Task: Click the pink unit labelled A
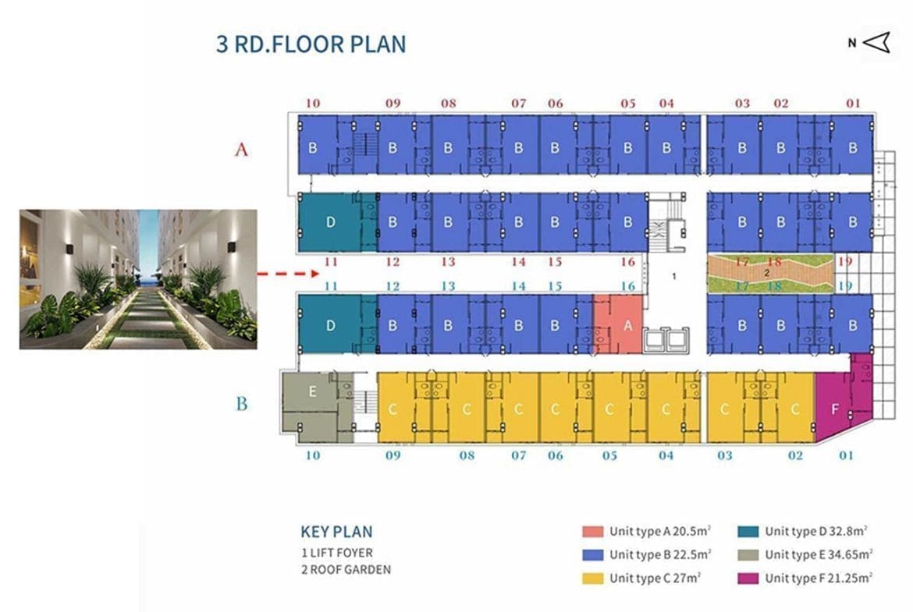(618, 324)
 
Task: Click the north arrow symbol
(876, 42)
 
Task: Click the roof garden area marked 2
(770, 273)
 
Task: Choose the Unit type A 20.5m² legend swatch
(593, 531)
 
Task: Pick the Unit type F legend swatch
(748, 578)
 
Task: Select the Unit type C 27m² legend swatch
(593, 578)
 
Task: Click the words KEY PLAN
(336, 532)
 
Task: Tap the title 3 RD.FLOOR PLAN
(311, 44)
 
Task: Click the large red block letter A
(241, 150)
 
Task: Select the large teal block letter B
(242, 403)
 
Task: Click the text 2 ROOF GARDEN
(346, 570)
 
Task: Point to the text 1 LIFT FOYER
(336, 553)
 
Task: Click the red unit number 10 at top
(313, 103)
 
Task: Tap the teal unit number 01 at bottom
(846, 455)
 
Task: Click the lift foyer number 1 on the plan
(673, 276)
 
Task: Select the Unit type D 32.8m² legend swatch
(748, 531)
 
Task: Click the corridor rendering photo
(138, 279)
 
